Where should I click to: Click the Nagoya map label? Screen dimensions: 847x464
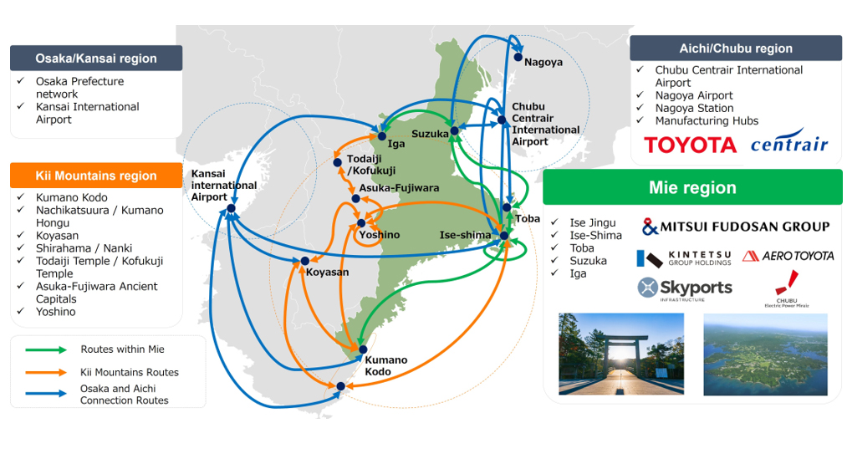[x=543, y=62]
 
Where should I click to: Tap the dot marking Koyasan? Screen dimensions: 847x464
[x=304, y=261]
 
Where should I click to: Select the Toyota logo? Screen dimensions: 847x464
[x=691, y=145]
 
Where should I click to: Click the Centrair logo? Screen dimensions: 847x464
[x=789, y=141]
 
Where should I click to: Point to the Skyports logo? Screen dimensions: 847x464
[x=685, y=289]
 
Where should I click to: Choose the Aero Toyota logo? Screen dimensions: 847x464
[x=788, y=256]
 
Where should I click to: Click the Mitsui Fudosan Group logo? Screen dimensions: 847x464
[x=736, y=227]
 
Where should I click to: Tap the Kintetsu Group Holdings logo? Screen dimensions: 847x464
[x=684, y=258]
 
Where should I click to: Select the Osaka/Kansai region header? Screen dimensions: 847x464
[x=96, y=59]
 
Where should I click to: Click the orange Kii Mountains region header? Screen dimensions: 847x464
[x=96, y=176]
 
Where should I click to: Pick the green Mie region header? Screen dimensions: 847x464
[x=692, y=187]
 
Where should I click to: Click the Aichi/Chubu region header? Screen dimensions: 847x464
[x=736, y=48]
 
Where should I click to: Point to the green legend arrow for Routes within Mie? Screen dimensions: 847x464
[x=46, y=350]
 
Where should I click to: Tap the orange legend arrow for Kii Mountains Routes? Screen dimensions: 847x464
[x=46, y=372]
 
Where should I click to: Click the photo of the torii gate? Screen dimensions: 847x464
[x=621, y=354]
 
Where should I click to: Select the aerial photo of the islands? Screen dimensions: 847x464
[x=765, y=354]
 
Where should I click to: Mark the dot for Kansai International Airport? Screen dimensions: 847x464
[x=232, y=208]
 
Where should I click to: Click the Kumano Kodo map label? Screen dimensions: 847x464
[x=385, y=365]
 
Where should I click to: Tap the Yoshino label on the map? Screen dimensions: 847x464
[x=380, y=235]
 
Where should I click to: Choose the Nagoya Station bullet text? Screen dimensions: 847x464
[x=694, y=108]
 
